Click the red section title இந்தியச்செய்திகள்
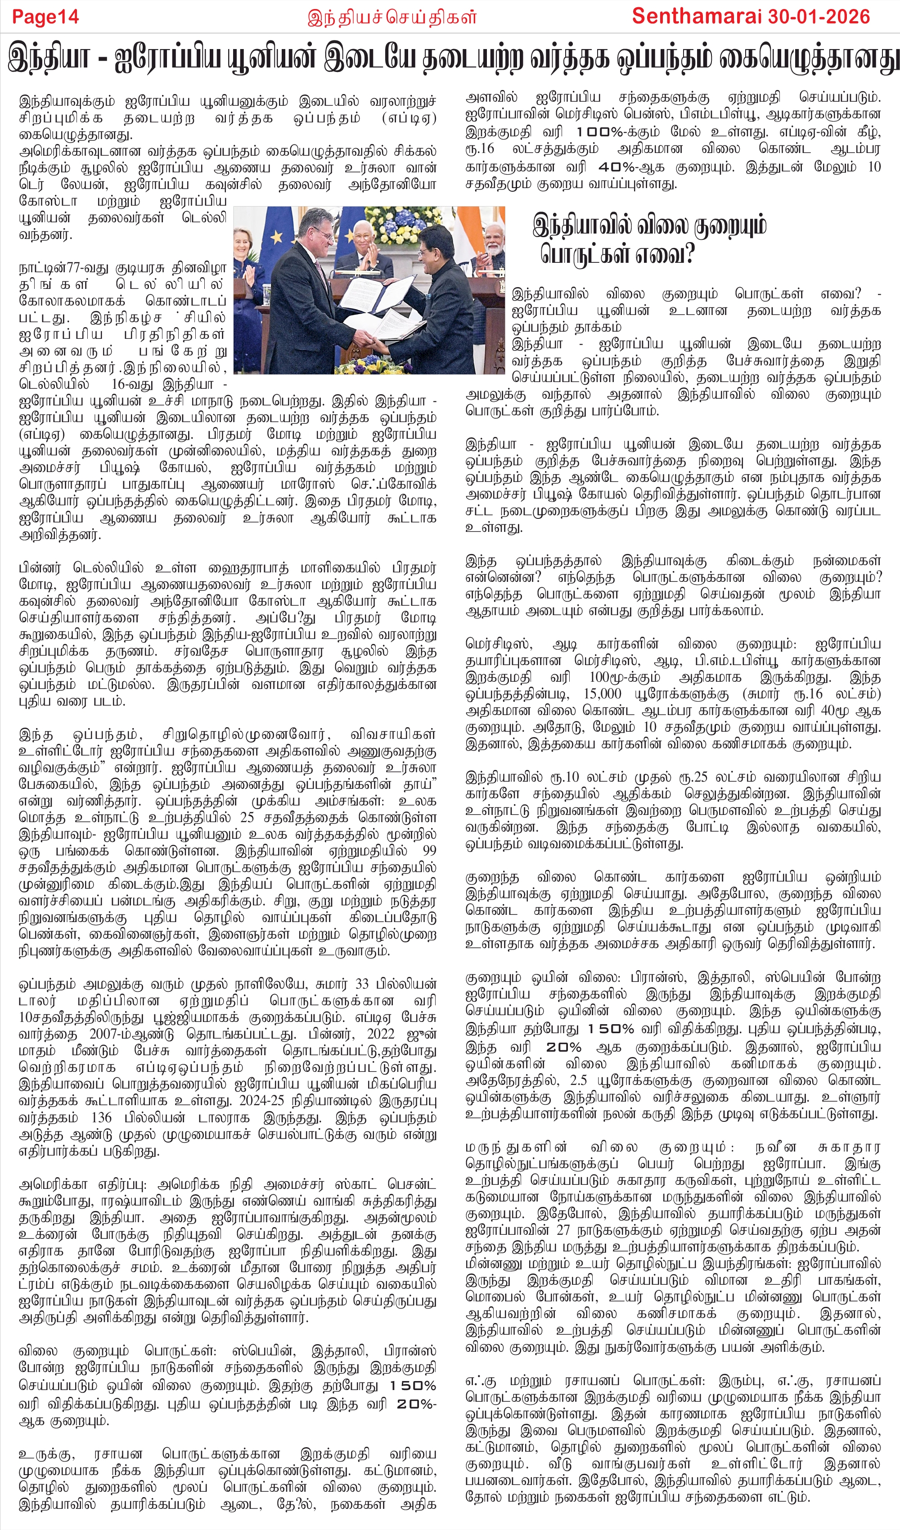[391, 17]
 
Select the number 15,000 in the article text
[603, 694]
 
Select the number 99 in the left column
[429, 850]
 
